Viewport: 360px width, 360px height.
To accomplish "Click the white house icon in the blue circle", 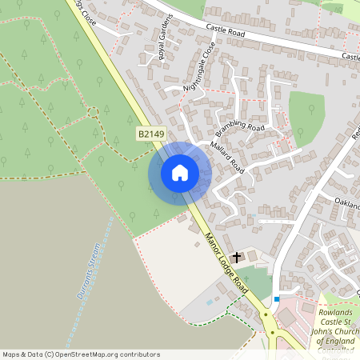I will (179, 173).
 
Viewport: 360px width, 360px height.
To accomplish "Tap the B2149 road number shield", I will (149, 137).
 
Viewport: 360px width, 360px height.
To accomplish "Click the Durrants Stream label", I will (90, 272).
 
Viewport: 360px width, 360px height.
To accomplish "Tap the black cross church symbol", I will (236, 257).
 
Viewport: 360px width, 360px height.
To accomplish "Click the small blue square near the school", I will (277, 299).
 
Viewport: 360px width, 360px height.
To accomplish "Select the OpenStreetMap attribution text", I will (80, 354).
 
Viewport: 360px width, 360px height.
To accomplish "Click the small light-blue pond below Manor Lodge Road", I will (210, 302).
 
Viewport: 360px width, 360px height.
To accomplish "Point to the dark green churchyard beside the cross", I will (254, 282).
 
